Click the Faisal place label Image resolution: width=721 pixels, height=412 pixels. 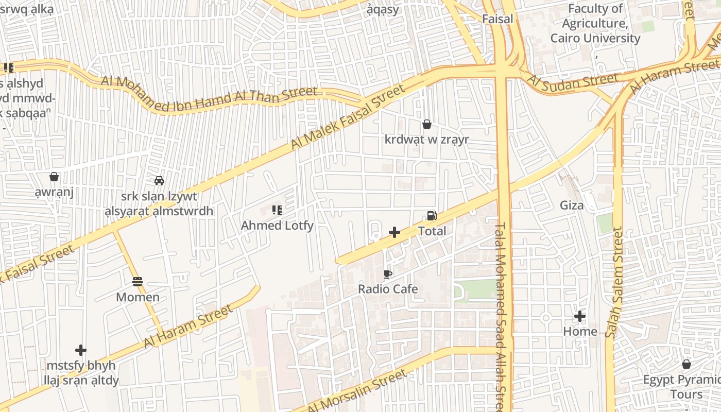pyautogui.click(x=497, y=19)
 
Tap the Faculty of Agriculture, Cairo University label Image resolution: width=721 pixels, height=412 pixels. pyautogui.click(x=595, y=24)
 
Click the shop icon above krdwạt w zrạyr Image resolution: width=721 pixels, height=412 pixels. pyautogui.click(x=426, y=124)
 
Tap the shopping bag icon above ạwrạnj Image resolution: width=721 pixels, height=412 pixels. pyautogui.click(x=54, y=177)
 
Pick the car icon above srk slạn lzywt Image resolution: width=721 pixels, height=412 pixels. pyautogui.click(x=159, y=181)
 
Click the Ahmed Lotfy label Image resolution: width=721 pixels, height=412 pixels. pyautogui.click(x=277, y=226)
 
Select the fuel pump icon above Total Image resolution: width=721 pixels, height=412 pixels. pyautogui.click(x=432, y=216)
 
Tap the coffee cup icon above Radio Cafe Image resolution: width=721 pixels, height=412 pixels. pyautogui.click(x=388, y=274)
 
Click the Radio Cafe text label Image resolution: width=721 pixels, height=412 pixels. pyautogui.click(x=388, y=289)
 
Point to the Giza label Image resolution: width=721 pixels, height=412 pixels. pyautogui.click(x=572, y=205)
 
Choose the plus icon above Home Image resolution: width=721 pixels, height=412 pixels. pyautogui.click(x=580, y=316)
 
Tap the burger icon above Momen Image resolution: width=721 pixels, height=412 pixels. pyautogui.click(x=137, y=282)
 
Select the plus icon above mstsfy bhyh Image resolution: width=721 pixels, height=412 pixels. pyautogui.click(x=81, y=350)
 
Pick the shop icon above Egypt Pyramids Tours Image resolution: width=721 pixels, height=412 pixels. pyautogui.click(x=686, y=365)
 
